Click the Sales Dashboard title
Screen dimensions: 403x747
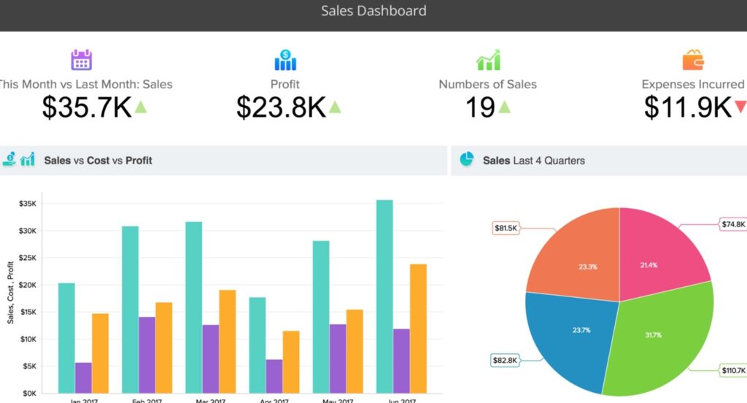pyautogui.click(x=373, y=11)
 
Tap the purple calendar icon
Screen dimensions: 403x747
pyautogui.click(x=81, y=60)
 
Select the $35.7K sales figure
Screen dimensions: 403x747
pyautogui.click(x=86, y=107)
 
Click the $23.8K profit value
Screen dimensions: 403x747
pyautogui.click(x=281, y=107)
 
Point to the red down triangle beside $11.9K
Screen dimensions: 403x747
pyautogui.click(x=740, y=107)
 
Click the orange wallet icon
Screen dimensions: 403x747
pyautogui.click(x=692, y=60)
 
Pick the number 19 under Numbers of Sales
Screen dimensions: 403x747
pyautogui.click(x=480, y=107)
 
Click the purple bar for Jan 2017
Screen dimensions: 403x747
pyautogui.click(x=83, y=377)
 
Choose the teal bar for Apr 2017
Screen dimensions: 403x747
pyautogui.click(x=258, y=345)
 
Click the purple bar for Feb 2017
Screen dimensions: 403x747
pyautogui.click(x=147, y=355)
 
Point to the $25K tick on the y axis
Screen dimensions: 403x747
pyautogui.click(x=27, y=258)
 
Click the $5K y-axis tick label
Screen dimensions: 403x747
pyautogui.click(x=28, y=366)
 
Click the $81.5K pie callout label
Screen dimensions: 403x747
pyautogui.click(x=506, y=229)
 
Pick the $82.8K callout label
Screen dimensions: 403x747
pyautogui.click(x=506, y=360)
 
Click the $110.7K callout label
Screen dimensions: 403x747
pyautogui.click(x=733, y=370)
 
